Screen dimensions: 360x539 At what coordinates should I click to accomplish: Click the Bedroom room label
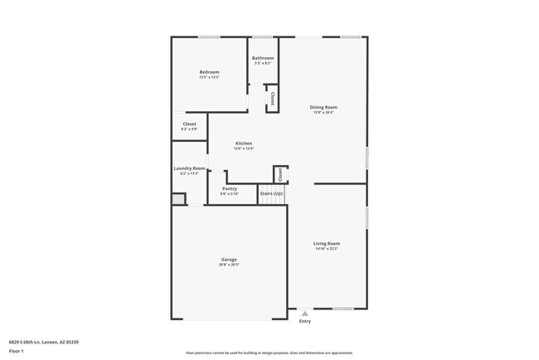click(209, 72)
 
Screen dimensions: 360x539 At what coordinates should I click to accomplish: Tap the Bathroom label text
click(263, 58)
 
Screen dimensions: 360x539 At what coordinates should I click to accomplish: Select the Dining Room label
click(323, 107)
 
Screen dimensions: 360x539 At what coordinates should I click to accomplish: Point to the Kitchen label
click(244, 144)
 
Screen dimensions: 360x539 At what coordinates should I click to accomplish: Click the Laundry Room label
click(189, 168)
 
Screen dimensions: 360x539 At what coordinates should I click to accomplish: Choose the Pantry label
click(230, 188)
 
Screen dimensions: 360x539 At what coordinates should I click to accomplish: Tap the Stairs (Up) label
click(271, 193)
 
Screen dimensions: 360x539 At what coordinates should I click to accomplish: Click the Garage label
click(229, 260)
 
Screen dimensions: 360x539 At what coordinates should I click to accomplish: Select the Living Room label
click(327, 243)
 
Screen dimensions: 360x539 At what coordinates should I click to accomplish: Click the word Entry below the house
click(305, 321)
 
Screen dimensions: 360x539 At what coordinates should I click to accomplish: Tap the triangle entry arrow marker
click(305, 314)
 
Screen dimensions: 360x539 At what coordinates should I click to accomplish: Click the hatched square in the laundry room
click(178, 199)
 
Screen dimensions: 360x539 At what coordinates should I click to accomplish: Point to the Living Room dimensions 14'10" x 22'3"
click(327, 248)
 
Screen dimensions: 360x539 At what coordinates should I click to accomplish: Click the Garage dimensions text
click(229, 265)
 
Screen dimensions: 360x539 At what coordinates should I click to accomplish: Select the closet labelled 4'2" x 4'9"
click(189, 126)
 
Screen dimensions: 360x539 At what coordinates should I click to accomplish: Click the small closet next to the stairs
click(281, 174)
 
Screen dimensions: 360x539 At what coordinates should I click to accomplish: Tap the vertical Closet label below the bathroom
click(271, 98)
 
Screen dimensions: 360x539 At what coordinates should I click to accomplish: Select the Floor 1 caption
click(17, 351)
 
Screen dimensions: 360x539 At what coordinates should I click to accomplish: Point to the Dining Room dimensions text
click(323, 112)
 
